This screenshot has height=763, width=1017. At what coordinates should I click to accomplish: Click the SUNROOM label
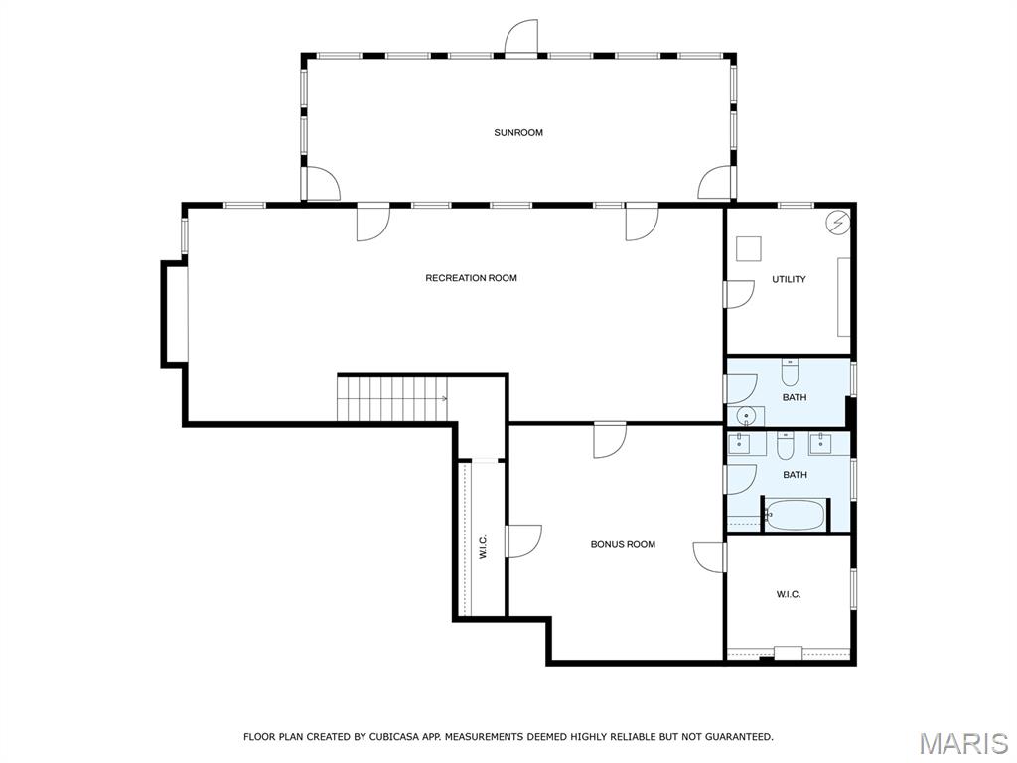tap(518, 132)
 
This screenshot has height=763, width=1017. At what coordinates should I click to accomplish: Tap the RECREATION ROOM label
tap(471, 278)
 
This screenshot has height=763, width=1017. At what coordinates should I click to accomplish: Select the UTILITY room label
tap(789, 279)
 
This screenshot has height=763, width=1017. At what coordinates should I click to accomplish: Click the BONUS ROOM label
tap(623, 544)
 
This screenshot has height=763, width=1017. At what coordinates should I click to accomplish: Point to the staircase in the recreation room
tap(392, 398)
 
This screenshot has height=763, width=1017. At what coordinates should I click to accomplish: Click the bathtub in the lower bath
tap(796, 515)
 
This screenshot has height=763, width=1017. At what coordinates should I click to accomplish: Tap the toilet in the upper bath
tap(790, 373)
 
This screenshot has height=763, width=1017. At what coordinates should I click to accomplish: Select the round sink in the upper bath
tap(746, 416)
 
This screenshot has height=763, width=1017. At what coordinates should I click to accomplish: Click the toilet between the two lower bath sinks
tap(786, 445)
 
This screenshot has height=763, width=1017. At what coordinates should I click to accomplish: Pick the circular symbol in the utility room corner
tap(836, 223)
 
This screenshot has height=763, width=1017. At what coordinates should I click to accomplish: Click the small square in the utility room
tap(748, 249)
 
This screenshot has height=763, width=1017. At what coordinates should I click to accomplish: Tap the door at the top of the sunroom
tap(521, 38)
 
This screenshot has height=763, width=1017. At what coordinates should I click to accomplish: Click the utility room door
tap(739, 294)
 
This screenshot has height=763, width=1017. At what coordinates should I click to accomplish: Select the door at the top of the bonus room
tap(610, 440)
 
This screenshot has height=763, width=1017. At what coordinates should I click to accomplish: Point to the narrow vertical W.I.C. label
tap(483, 547)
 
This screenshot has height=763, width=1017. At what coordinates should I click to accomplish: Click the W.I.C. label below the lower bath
tap(788, 594)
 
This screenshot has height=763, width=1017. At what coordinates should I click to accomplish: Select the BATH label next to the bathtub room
tap(795, 474)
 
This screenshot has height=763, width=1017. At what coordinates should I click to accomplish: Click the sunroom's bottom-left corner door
tap(323, 184)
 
